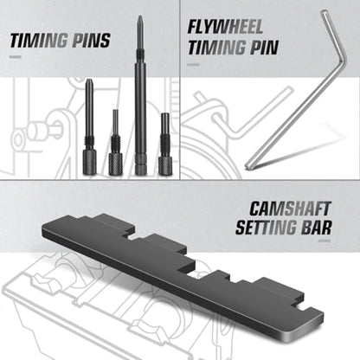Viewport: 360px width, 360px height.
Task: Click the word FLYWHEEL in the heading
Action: coord(225,27)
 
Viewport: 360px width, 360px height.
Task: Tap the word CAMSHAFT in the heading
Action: coord(290,209)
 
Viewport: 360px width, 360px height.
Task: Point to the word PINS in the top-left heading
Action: coord(91,41)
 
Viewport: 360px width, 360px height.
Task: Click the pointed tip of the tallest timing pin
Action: coord(140,17)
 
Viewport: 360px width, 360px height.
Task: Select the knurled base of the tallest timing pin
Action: coord(141,164)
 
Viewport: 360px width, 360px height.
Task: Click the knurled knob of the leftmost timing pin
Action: coord(89,162)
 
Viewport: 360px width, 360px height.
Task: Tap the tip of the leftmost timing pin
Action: coord(87,81)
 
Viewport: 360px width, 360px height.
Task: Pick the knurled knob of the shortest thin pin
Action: coord(115,164)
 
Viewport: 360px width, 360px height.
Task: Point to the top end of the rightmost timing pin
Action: coord(165,114)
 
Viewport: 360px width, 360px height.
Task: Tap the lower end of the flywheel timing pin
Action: coord(247,166)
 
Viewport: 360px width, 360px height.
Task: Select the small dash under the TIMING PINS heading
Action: coord(15,57)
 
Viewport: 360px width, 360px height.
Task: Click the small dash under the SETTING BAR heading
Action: coord(325,241)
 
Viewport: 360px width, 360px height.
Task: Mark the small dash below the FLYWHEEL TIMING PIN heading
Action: coord(193,64)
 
